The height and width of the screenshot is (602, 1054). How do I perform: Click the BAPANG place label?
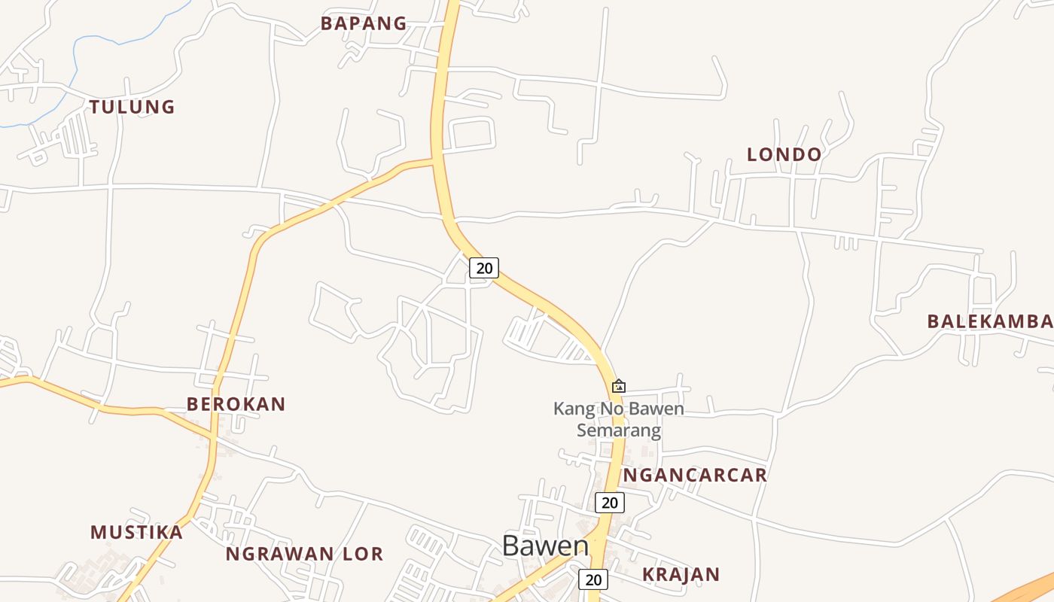click(364, 23)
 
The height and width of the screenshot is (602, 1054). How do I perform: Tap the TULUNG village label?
click(133, 107)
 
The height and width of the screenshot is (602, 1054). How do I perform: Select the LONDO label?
click(784, 154)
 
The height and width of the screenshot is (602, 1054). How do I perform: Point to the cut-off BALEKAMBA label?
click(989, 321)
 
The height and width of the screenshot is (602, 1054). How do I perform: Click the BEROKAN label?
click(236, 404)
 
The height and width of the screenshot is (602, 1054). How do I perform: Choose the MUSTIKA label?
click(136, 532)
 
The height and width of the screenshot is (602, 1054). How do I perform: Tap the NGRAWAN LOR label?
click(304, 555)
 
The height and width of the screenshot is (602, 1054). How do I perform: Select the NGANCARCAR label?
click(695, 475)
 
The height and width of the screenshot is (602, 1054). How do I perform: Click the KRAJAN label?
click(681, 574)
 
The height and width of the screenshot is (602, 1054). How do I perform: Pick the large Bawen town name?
click(545, 546)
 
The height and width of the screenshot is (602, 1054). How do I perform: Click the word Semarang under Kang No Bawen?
click(619, 430)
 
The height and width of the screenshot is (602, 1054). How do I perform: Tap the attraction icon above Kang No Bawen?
click(618, 386)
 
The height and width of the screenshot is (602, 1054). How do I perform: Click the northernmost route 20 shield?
click(484, 267)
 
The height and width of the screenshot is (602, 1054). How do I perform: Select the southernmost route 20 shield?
click(593, 579)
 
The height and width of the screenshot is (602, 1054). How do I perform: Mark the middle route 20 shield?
click(610, 502)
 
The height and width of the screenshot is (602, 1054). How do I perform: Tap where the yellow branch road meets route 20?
click(434, 160)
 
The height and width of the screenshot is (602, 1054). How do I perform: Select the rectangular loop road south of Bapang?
click(471, 133)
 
